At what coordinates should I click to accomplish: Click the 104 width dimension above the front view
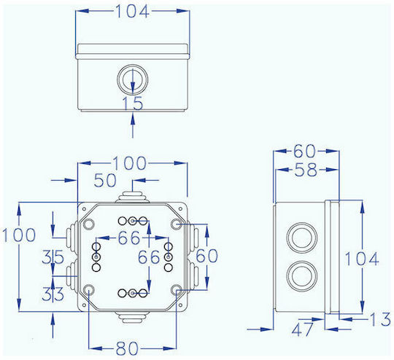pos(132,12)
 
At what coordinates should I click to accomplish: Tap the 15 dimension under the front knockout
pos(132,103)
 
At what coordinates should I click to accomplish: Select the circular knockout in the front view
pos(132,79)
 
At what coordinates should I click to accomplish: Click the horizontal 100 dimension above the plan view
pos(129,163)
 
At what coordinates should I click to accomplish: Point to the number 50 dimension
pos(105,180)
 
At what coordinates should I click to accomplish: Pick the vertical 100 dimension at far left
pos(19,235)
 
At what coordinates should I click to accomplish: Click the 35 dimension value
pos(53,257)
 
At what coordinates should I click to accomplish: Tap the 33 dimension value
pos(53,294)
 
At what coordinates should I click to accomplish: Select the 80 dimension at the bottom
pos(127,348)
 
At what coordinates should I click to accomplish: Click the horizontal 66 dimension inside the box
pos(128,238)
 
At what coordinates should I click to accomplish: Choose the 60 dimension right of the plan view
pos(206,256)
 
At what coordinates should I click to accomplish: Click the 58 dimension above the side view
pos(306,170)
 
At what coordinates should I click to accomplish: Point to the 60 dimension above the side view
pos(304,151)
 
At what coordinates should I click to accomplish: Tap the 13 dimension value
pos(380,319)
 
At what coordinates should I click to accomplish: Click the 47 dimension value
pos(303,329)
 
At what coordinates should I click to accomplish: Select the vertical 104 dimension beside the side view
pos(361,259)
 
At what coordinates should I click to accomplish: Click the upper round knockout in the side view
pos(301,237)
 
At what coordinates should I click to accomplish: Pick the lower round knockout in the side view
pos(301,275)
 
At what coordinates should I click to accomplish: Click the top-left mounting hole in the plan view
pos(89,224)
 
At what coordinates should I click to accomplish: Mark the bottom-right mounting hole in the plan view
pos(177,290)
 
